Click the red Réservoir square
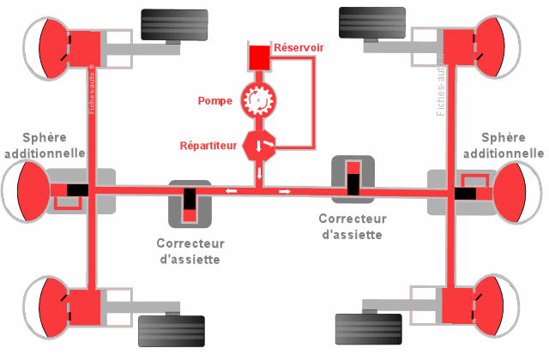point(258,57)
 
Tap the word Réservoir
point(299,49)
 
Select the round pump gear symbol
point(257,100)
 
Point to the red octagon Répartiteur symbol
point(259,145)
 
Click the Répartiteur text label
point(207,146)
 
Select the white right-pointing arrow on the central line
point(284,190)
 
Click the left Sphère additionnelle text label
point(43,146)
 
